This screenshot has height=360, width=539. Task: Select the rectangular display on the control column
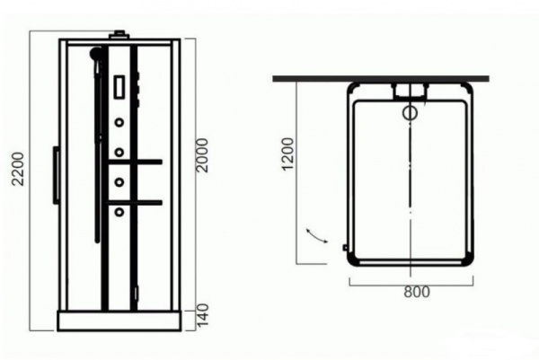click(119, 88)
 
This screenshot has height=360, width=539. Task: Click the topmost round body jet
click(119, 120)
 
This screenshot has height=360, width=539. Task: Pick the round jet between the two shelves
click(119, 182)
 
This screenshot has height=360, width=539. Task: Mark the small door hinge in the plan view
click(345, 248)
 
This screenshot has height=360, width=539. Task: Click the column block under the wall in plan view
click(411, 91)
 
